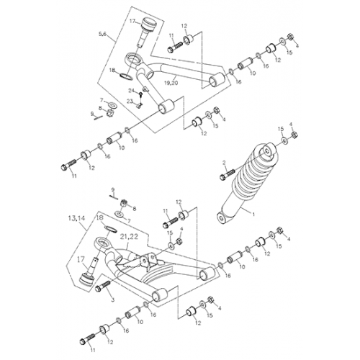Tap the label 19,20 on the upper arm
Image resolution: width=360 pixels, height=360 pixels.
171,84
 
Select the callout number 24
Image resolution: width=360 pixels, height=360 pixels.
132,90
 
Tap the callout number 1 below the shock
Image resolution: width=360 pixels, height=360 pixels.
253,215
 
